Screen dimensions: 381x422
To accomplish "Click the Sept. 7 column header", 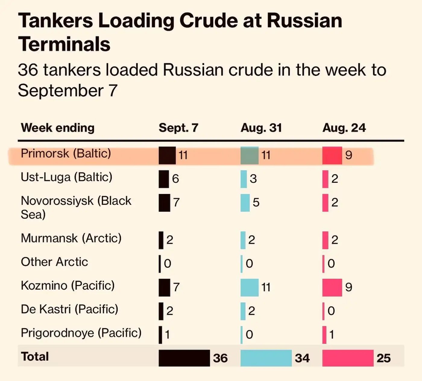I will click(x=178, y=128).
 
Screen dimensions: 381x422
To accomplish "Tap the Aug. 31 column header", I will click(x=261, y=128).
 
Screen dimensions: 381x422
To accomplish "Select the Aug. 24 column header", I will click(x=344, y=128).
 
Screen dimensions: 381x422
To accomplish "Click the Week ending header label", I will click(x=58, y=128).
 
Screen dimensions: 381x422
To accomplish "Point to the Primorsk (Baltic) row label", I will click(x=66, y=154).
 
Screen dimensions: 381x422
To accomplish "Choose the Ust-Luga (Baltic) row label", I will click(x=66, y=177).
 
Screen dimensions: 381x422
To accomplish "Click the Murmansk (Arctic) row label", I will click(x=71, y=238).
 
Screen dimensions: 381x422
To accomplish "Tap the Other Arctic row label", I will click(x=54, y=262).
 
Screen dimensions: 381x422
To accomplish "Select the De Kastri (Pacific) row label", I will click(x=69, y=309).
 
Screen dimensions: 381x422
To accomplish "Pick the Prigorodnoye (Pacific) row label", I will click(x=81, y=333).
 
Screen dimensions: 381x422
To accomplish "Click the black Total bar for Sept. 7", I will click(x=184, y=358).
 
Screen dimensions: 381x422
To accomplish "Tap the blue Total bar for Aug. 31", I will click(x=266, y=358).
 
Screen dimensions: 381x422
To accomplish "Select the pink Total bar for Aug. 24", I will click(x=348, y=358).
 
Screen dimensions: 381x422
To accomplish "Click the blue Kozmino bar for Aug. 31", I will click(x=249, y=287).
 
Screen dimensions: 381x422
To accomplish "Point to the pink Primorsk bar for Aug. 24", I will click(x=332, y=155).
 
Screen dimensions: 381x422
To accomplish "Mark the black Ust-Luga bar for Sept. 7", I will click(x=164, y=179).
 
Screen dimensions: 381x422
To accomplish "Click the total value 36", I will click(x=220, y=358).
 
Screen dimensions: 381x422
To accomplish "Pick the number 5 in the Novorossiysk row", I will click(x=256, y=202).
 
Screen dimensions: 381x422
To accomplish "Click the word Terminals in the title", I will click(x=64, y=44).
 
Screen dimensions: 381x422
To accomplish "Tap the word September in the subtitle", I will click(x=61, y=90).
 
